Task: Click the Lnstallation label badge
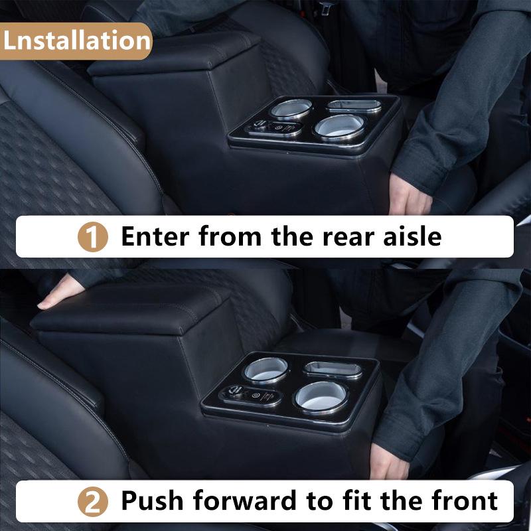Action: [x=76, y=40]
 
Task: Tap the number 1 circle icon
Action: [x=94, y=237]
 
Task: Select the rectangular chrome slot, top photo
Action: [x=354, y=105]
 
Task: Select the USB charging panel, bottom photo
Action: [x=254, y=396]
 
